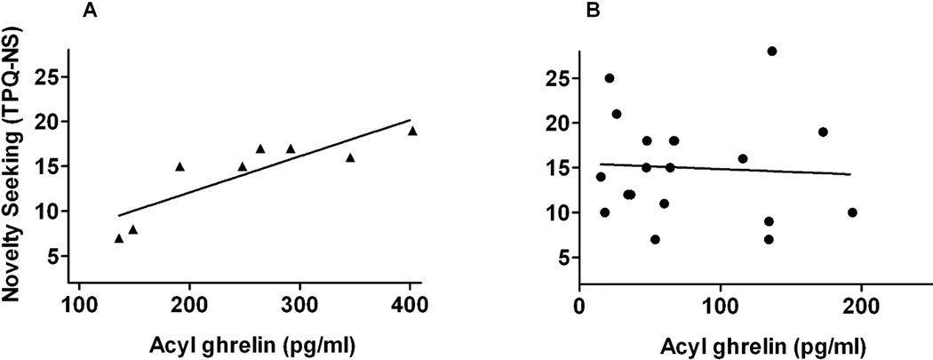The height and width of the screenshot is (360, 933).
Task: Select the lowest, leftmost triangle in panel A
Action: pyautogui.click(x=119, y=238)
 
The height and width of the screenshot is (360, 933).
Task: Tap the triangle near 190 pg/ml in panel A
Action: pyautogui.click(x=179, y=166)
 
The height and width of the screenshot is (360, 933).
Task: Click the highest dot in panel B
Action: pyautogui.click(x=772, y=51)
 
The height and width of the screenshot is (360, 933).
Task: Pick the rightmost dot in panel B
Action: pyautogui.click(x=852, y=212)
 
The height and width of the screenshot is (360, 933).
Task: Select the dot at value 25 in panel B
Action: pyautogui.click(x=610, y=78)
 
